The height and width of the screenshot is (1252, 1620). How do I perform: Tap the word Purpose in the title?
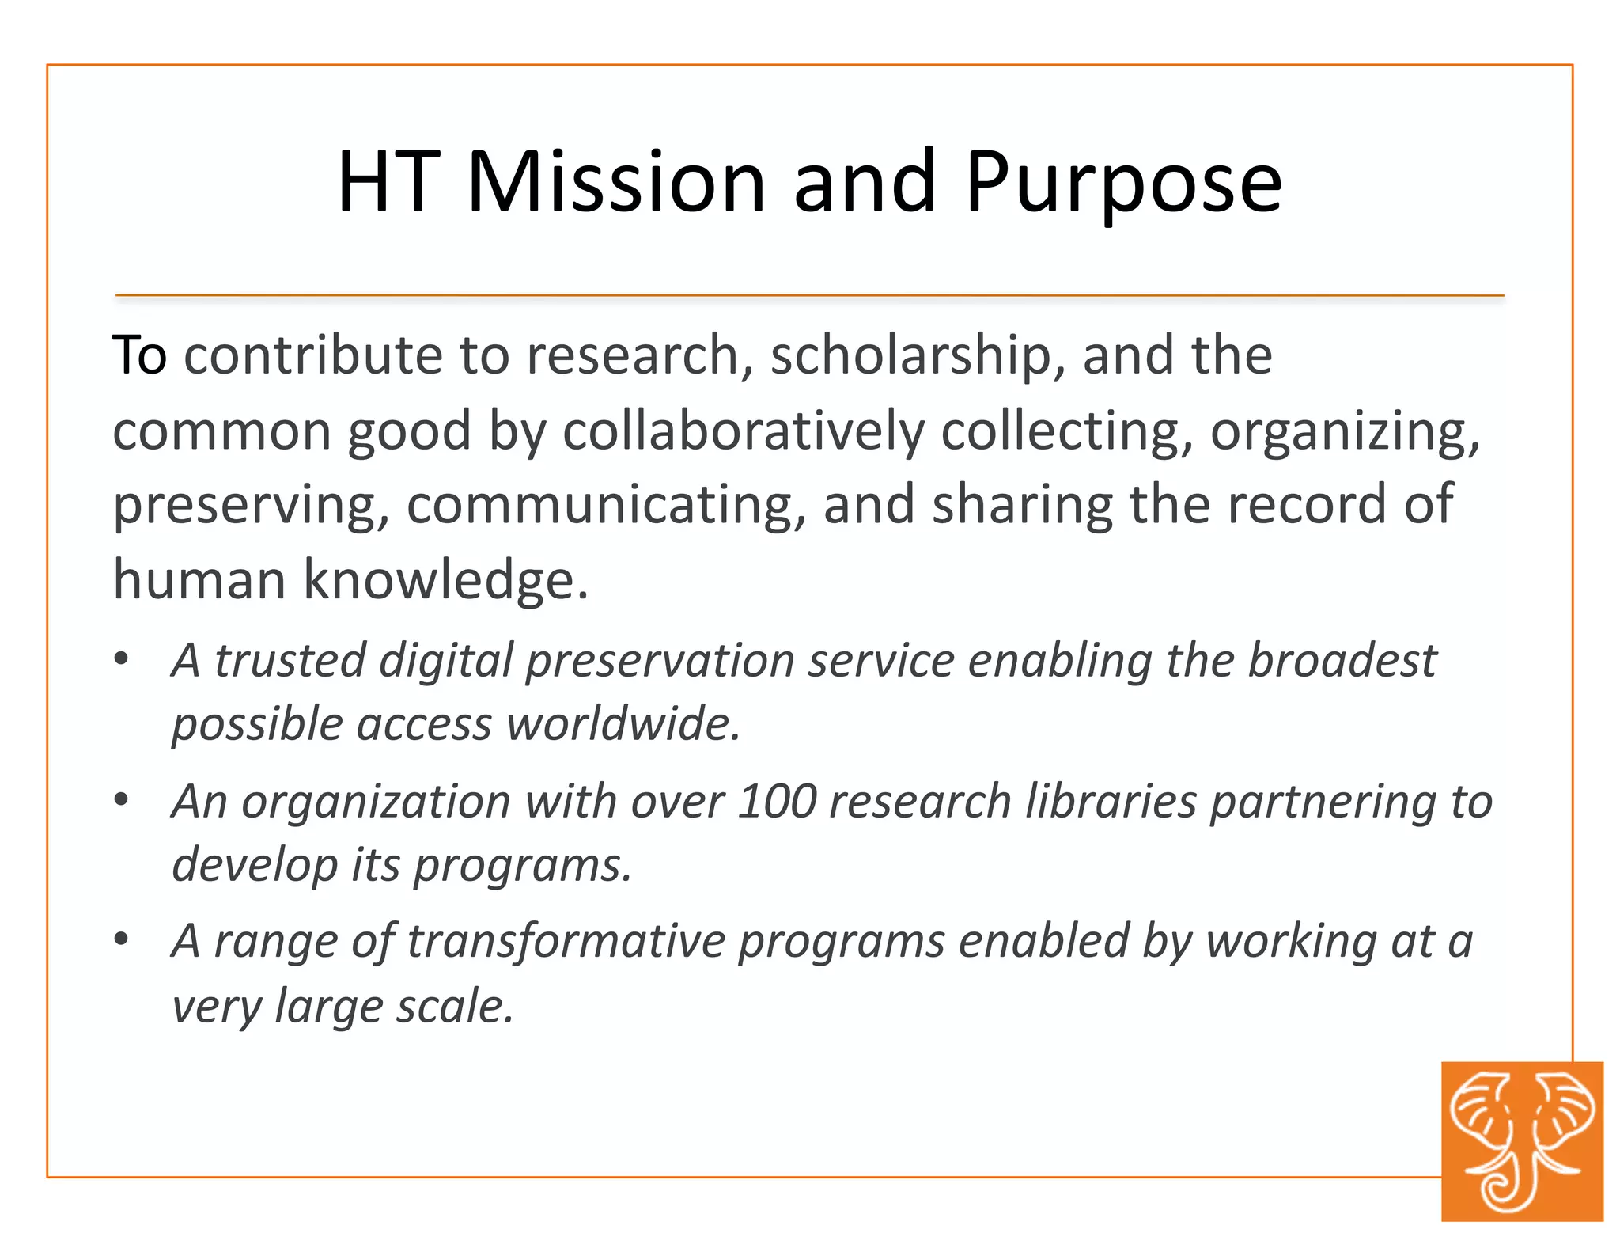(1123, 184)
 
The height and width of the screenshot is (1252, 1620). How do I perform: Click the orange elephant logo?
(1521, 1140)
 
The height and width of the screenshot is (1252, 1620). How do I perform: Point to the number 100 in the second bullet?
(776, 801)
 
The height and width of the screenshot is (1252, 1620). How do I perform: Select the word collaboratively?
(743, 431)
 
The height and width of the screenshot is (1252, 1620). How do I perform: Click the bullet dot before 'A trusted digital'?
(121, 658)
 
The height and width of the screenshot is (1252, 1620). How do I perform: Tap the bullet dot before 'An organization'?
(121, 799)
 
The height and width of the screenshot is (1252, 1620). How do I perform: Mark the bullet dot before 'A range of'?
(121, 939)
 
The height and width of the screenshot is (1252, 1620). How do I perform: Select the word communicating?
(606, 505)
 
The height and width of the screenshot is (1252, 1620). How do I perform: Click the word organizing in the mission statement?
(1344, 431)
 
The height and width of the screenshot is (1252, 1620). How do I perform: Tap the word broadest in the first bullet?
(1342, 660)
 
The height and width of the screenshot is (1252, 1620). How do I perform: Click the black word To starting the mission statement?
(139, 355)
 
